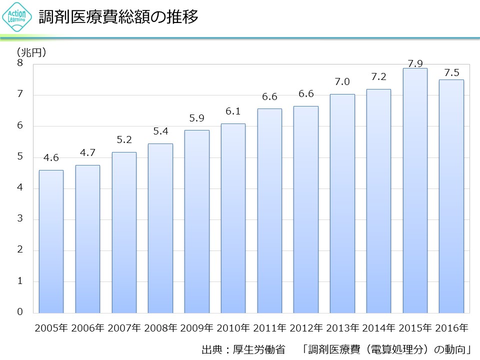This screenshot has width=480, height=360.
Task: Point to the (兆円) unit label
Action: (31, 52)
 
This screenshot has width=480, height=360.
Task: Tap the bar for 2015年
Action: (415, 190)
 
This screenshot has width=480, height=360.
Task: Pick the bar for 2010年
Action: (233, 218)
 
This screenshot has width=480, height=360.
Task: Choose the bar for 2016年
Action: (451, 196)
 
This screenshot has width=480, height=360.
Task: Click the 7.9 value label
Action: (415, 63)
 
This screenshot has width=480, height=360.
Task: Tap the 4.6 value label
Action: (51, 158)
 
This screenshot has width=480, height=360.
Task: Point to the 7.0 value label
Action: (342, 82)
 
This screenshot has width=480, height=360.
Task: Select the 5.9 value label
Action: (196, 118)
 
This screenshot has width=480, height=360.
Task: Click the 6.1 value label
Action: (233, 111)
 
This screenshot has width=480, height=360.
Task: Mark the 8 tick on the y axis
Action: (20, 63)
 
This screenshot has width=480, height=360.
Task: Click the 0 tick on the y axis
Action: (20, 312)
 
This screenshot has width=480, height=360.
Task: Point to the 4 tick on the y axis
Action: (20, 188)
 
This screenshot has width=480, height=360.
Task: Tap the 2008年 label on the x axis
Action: (160, 328)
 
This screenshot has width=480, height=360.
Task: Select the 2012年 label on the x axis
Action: (306, 328)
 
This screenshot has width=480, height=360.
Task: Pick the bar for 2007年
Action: (124, 232)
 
